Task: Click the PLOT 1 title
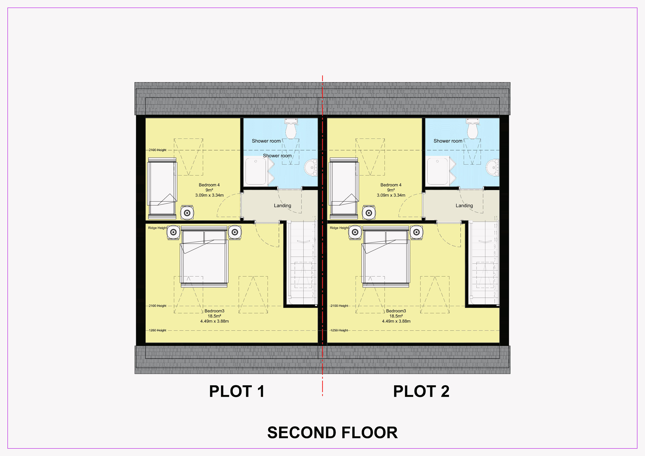tap(237, 391)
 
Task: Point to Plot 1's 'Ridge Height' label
tap(157, 228)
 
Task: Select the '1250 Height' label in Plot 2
tap(339, 330)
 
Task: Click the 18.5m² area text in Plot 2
tap(396, 316)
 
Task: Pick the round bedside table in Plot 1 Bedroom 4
tap(187, 213)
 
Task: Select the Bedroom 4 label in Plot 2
tap(391, 185)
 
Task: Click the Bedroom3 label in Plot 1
tap(214, 311)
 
